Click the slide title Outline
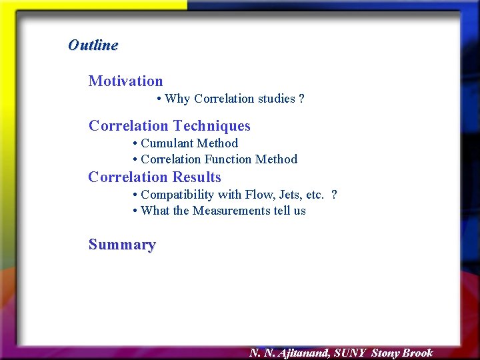coord(93,45)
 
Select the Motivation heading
coord(125,81)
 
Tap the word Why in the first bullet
coord(177,99)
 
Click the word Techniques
coord(211,126)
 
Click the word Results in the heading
coord(197,177)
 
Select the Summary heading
coord(122,245)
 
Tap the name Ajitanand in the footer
coord(304,353)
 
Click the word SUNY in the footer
coord(350,353)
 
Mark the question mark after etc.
coord(334,195)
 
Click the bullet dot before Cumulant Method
coord(135,144)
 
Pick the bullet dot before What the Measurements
coord(135,211)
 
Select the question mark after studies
coord(302,99)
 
